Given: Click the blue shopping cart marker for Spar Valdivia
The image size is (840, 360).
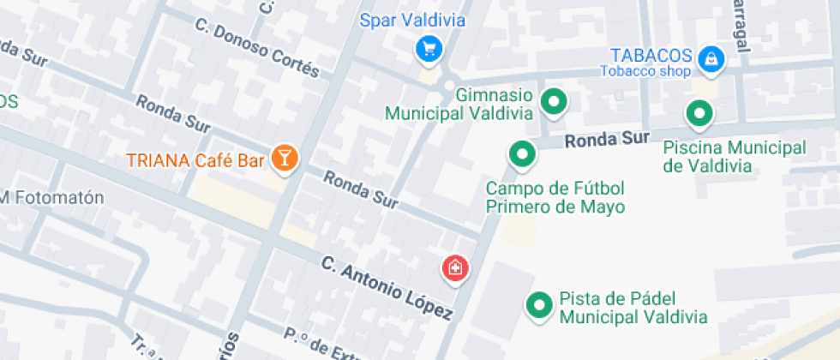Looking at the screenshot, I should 429,49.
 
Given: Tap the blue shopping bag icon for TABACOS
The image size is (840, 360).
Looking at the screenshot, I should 711,58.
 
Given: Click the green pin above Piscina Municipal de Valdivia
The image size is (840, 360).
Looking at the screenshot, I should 700,112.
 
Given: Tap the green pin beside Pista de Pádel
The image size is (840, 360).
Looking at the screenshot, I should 539,304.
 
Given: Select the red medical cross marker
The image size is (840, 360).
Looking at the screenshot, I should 455,267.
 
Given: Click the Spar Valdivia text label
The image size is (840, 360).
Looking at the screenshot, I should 412,20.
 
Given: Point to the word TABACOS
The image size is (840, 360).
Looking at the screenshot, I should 651,54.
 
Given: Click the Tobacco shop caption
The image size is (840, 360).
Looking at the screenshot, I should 645,71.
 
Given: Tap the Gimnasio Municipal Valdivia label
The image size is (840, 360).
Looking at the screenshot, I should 459,103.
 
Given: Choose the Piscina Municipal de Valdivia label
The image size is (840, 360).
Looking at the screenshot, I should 735,156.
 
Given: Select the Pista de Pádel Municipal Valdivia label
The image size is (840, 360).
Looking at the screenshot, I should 633,308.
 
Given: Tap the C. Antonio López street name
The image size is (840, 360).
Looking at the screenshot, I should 386,287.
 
